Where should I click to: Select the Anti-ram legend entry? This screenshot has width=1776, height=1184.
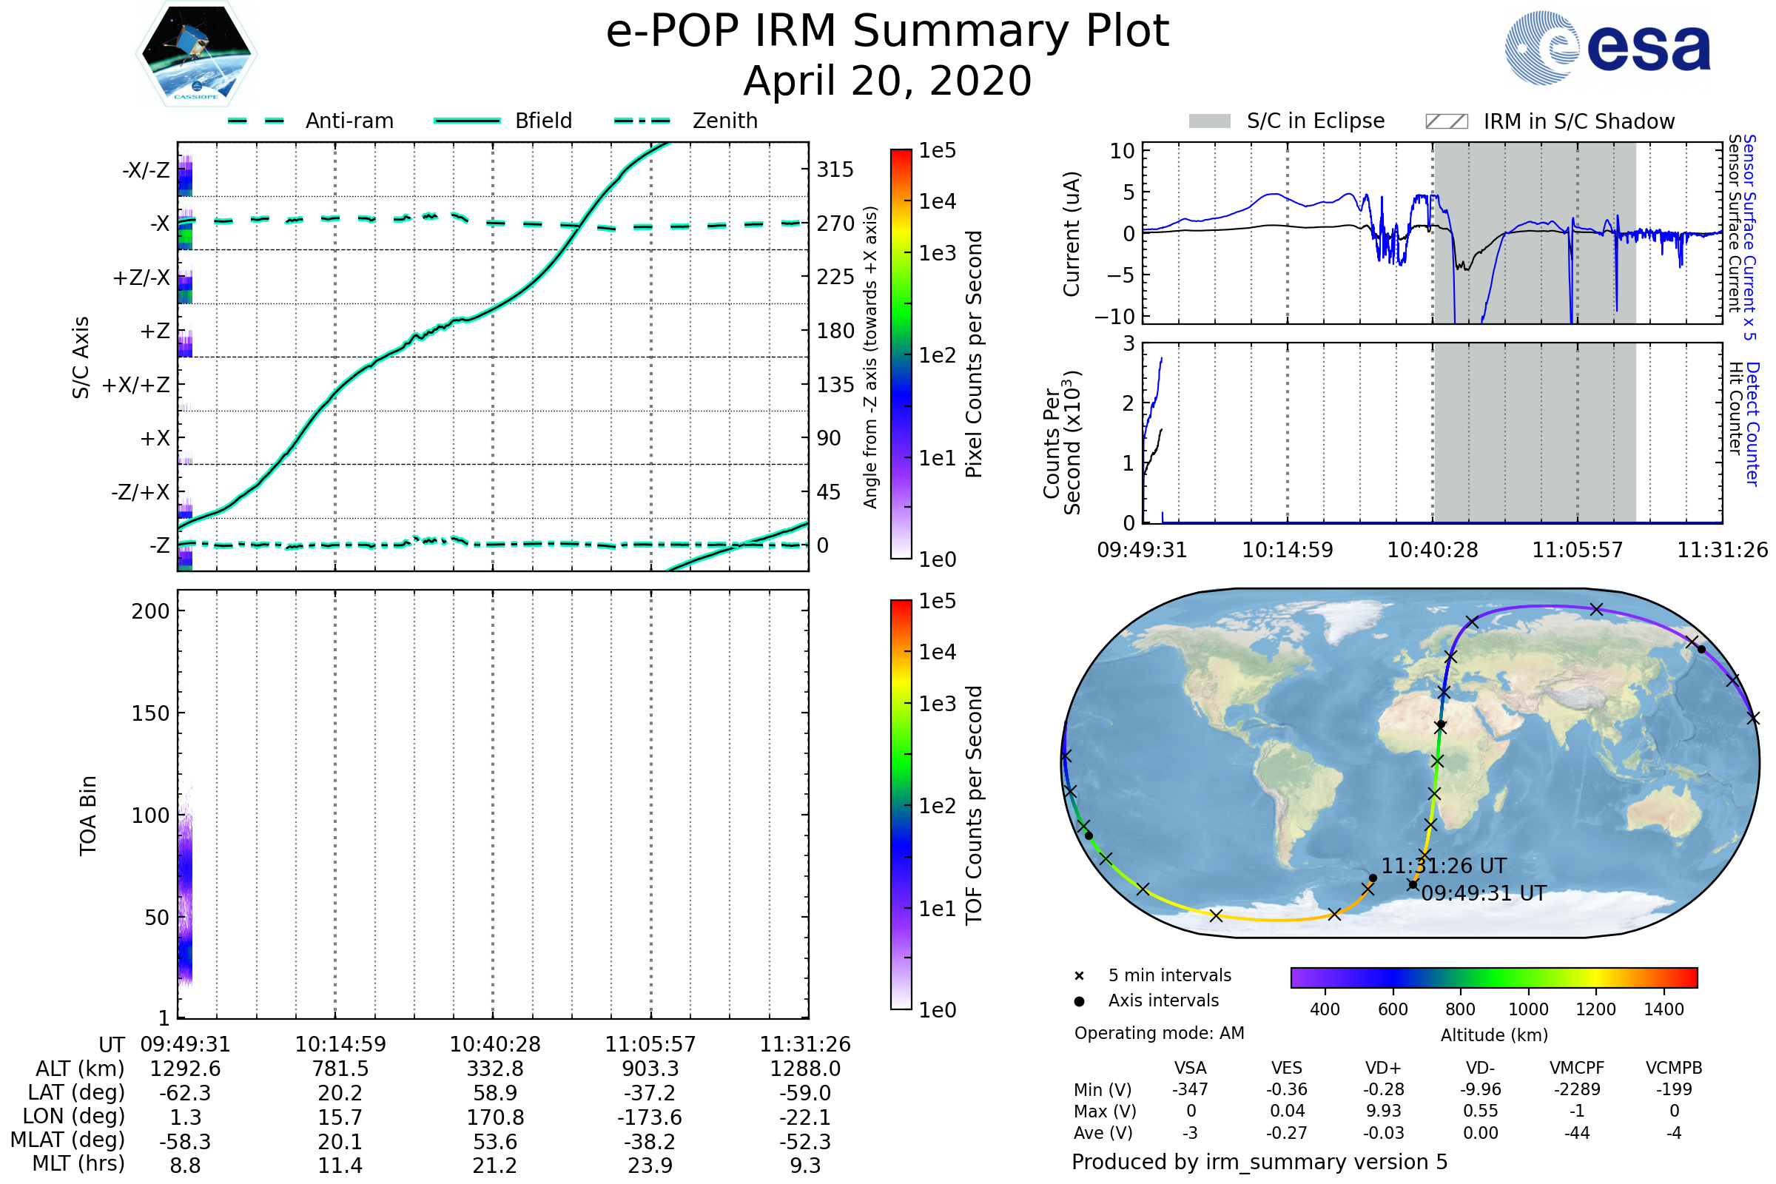349,121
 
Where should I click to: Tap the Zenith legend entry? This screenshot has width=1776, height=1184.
724,121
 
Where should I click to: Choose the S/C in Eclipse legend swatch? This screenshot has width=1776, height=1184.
1209,121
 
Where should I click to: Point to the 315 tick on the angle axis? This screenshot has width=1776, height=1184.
835,170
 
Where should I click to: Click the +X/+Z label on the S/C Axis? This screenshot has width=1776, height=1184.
136,385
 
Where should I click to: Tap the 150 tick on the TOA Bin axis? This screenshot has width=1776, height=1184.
150,713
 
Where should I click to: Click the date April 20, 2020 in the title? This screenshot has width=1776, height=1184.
887,81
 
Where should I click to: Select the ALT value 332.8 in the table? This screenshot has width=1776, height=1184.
494,1069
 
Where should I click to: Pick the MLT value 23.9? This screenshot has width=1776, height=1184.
650,1165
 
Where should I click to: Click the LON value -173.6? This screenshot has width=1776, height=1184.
650,1117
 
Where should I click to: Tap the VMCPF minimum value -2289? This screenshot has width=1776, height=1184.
1577,1089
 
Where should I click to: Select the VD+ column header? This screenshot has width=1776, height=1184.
1383,1068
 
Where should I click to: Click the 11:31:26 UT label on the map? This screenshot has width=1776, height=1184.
1443,866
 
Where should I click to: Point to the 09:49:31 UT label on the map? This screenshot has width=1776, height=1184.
1484,893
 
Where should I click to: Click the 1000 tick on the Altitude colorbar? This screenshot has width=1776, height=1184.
1528,1009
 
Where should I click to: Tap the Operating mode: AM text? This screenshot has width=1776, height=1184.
1159,1033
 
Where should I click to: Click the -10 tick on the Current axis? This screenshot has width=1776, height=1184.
1114,317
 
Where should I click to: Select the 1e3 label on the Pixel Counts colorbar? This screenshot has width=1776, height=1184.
937,254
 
